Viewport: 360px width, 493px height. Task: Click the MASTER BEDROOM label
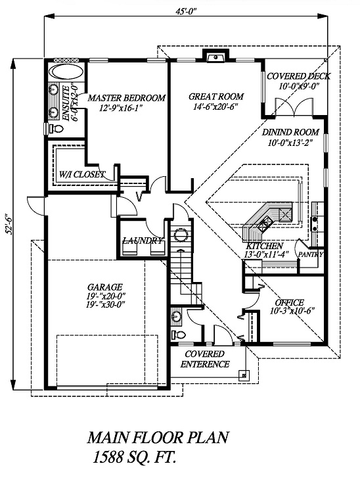(x=126, y=98)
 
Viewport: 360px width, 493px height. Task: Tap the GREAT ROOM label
(x=216, y=96)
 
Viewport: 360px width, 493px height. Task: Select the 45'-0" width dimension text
(x=186, y=12)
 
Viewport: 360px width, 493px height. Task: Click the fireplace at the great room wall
(x=215, y=56)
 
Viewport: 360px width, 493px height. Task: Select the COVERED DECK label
(x=298, y=76)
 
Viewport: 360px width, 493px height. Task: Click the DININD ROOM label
(x=290, y=132)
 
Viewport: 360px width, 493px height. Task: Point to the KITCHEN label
(x=264, y=246)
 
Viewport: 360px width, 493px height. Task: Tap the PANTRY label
(x=311, y=254)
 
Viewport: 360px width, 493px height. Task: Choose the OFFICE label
(x=289, y=302)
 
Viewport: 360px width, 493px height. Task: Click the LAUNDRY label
(x=143, y=241)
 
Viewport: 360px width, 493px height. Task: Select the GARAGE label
(x=105, y=287)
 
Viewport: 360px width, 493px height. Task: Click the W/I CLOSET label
(x=82, y=174)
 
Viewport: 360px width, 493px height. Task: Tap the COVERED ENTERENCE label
(x=205, y=359)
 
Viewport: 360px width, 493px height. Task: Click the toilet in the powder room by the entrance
(x=178, y=334)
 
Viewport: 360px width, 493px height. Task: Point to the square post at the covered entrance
(x=244, y=375)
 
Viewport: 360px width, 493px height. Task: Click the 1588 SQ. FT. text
(x=134, y=457)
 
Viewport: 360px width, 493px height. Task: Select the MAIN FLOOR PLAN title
(x=158, y=437)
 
